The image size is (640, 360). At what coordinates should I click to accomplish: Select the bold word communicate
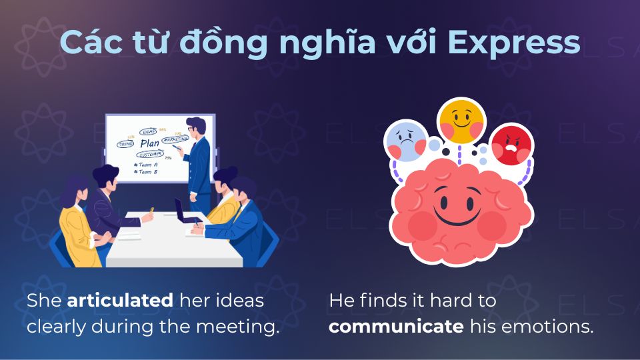pyautogui.click(x=396, y=327)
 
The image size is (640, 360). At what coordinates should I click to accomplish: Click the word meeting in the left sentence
pyautogui.click(x=244, y=327)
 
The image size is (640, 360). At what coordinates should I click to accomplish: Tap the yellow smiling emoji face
pyautogui.click(x=461, y=121)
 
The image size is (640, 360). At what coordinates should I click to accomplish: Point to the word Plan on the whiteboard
pyautogui.click(x=150, y=143)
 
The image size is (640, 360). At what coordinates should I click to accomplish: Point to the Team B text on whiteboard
pyautogui.click(x=147, y=171)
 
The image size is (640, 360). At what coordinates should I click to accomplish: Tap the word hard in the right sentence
pyautogui.click(x=445, y=301)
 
